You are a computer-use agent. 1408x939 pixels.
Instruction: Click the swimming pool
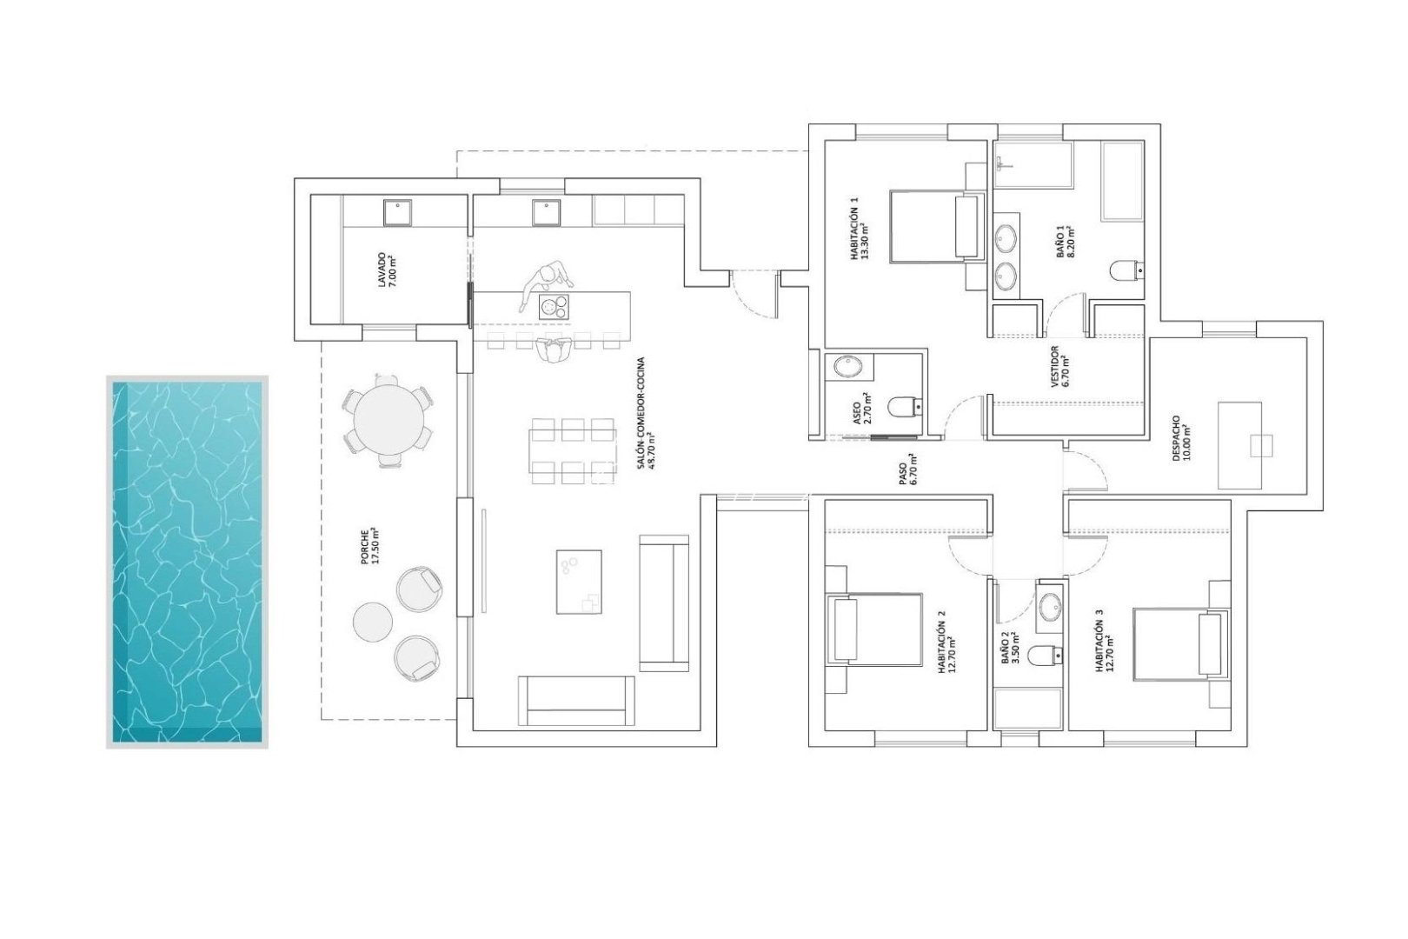187,561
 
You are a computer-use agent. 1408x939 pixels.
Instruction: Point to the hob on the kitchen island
555,305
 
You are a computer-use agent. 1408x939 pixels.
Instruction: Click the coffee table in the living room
578,581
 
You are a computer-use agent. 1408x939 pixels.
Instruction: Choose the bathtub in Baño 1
1127,182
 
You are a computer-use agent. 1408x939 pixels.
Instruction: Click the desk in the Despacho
1240,445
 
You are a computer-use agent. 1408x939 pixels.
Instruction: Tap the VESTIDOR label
1059,365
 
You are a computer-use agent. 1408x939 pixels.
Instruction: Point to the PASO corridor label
907,473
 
